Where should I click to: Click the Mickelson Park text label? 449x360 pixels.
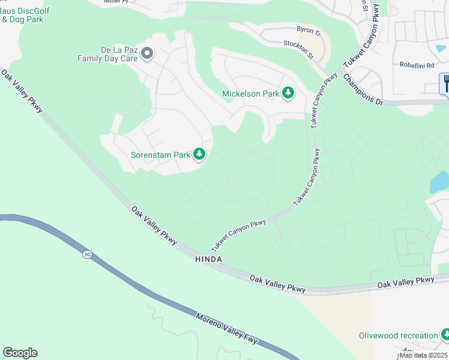click(250, 94)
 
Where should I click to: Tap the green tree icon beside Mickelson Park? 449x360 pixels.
click(289, 93)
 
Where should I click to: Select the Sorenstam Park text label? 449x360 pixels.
click(160, 155)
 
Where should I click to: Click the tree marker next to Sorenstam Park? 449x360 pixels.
click(199, 155)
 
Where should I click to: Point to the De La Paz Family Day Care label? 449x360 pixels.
click(107, 55)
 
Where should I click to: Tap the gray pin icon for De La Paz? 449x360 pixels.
click(148, 55)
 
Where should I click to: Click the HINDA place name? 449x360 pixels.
click(208, 259)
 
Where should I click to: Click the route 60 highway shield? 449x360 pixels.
click(88, 254)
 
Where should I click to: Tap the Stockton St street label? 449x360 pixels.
click(298, 49)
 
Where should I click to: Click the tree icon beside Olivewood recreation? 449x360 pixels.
click(445, 334)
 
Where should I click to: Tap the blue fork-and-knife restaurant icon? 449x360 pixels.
click(445, 83)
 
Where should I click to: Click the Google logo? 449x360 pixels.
click(20, 352)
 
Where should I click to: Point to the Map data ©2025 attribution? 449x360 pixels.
click(423, 355)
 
